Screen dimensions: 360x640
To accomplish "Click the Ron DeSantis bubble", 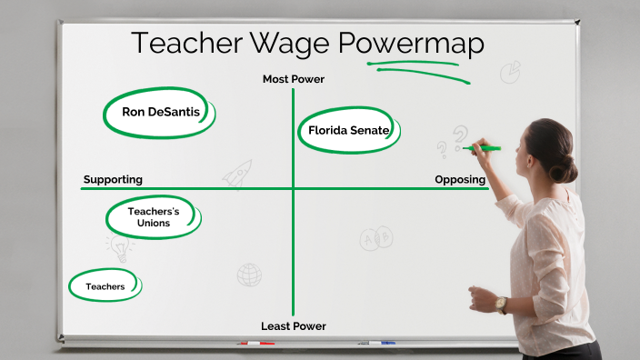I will click(x=160, y=113).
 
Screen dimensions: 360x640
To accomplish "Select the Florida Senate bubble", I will click(x=348, y=131).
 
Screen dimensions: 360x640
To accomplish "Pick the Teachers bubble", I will click(x=105, y=286).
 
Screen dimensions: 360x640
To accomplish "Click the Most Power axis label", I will click(x=293, y=79).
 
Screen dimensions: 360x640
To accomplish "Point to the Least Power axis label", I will click(x=293, y=326).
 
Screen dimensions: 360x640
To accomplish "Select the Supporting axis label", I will click(x=113, y=179).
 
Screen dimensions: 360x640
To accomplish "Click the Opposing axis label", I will click(x=459, y=179).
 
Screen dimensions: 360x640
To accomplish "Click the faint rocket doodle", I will click(x=237, y=174).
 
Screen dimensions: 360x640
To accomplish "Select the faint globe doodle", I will click(x=249, y=274).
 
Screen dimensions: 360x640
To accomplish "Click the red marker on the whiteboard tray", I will click(x=255, y=344).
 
